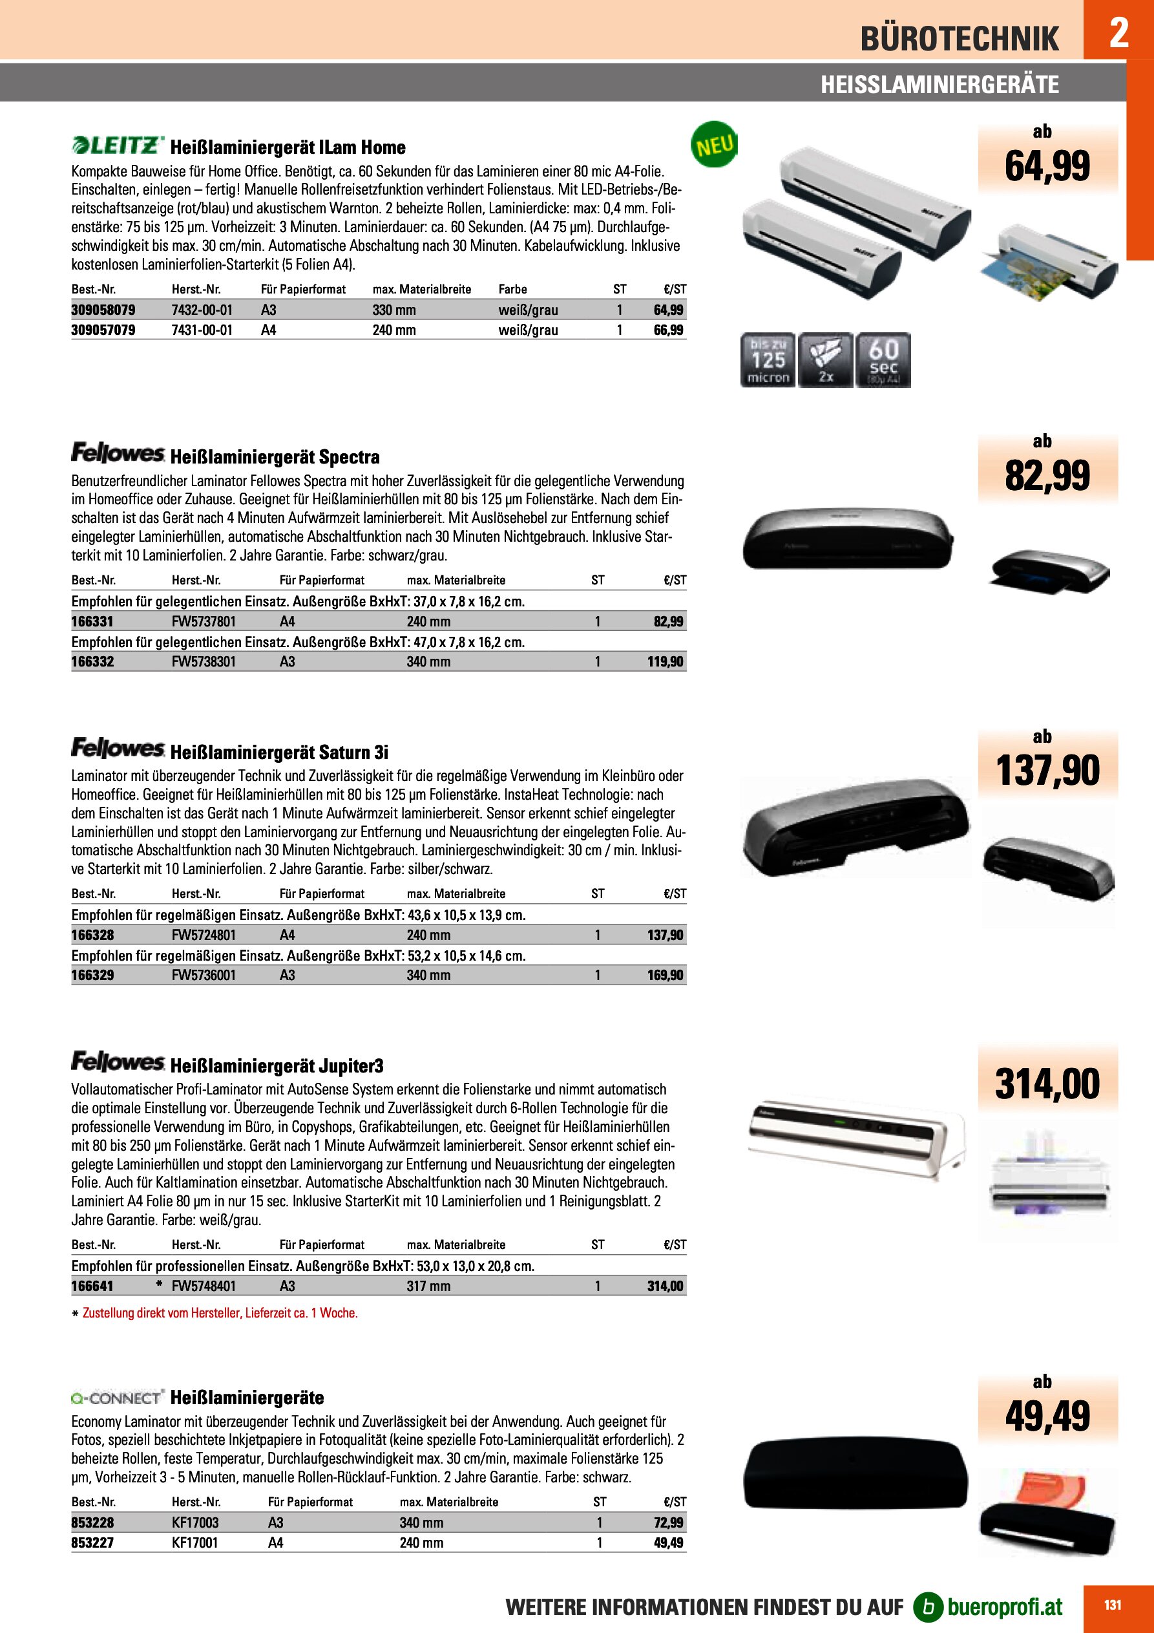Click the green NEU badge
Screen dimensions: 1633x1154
[714, 145]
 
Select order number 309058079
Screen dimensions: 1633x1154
[103, 310]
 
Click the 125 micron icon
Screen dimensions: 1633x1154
[768, 360]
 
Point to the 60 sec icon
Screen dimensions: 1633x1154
[883, 360]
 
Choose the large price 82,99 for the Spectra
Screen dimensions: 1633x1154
[1047, 476]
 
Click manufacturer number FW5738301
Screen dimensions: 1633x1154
[204, 661]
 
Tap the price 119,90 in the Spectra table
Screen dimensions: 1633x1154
[665, 661]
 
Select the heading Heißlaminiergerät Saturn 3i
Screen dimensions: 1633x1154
[278, 752]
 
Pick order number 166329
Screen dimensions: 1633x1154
[92, 975]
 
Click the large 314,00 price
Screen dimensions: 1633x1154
[1047, 1084]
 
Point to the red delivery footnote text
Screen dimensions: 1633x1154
[220, 1313]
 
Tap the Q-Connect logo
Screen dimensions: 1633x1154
[118, 1398]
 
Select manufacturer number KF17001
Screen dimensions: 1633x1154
[195, 1542]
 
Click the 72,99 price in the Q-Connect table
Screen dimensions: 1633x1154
[668, 1522]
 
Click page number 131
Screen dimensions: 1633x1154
[1113, 1605]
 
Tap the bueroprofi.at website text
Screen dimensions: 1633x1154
[1005, 1606]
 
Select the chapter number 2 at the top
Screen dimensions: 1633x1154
[1118, 32]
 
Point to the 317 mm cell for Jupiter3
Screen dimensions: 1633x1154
[428, 1286]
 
